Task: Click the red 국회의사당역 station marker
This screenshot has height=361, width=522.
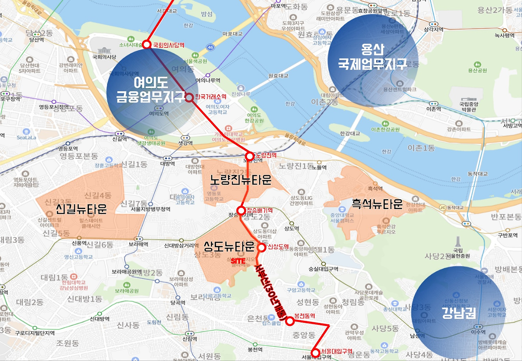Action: pyautogui.click(x=146, y=45)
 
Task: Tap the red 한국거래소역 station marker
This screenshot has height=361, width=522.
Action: pyautogui.click(x=190, y=97)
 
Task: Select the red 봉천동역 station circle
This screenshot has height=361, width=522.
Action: pyautogui.click(x=290, y=321)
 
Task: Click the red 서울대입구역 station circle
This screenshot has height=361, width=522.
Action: pyautogui.click(x=315, y=353)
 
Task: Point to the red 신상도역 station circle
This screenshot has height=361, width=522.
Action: pyautogui.click(x=261, y=247)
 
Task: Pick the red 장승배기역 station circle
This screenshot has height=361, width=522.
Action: pyautogui.click(x=241, y=210)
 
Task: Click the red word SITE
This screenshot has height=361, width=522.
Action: pyautogui.click(x=238, y=260)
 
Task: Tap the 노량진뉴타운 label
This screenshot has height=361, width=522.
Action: pyautogui.click(x=241, y=180)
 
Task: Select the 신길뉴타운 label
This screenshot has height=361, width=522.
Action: pyautogui.click(x=81, y=209)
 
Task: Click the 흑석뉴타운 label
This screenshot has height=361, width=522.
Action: pyautogui.click(x=377, y=204)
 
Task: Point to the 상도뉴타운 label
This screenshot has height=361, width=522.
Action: pyautogui.click(x=229, y=246)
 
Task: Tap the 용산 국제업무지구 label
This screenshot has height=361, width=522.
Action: pyautogui.click(x=372, y=56)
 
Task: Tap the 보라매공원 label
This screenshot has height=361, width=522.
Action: pyautogui.click(x=126, y=291)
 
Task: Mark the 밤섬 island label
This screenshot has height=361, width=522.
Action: pyautogui.click(x=207, y=14)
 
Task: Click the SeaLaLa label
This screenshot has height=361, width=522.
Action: pyautogui.click(x=27, y=138)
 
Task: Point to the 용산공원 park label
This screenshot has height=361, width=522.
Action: pyautogui.click(x=478, y=70)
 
